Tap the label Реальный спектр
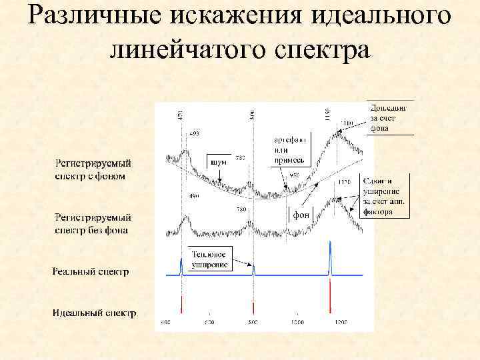[x=91, y=271]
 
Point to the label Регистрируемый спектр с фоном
[x=93, y=169]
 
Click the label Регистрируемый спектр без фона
[x=93, y=223]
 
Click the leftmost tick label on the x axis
[x=166, y=322]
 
